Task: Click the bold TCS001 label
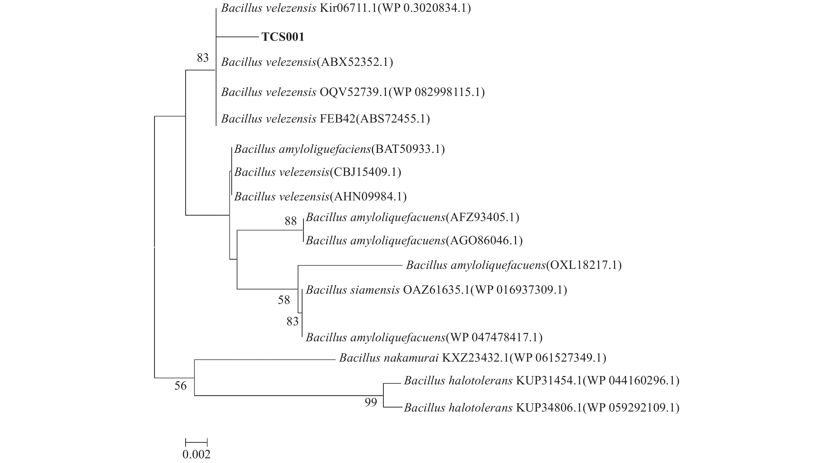[x=283, y=37]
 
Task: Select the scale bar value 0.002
[x=196, y=454]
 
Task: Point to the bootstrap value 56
[x=180, y=386]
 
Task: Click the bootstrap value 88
[x=291, y=221]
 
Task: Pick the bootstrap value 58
[x=284, y=300]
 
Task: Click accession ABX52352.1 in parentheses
[x=355, y=62]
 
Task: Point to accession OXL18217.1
[x=584, y=265]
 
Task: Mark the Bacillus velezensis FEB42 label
[x=325, y=119]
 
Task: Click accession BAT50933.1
[x=408, y=149]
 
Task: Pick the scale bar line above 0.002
[x=196, y=443]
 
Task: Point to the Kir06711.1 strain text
[x=348, y=8]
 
